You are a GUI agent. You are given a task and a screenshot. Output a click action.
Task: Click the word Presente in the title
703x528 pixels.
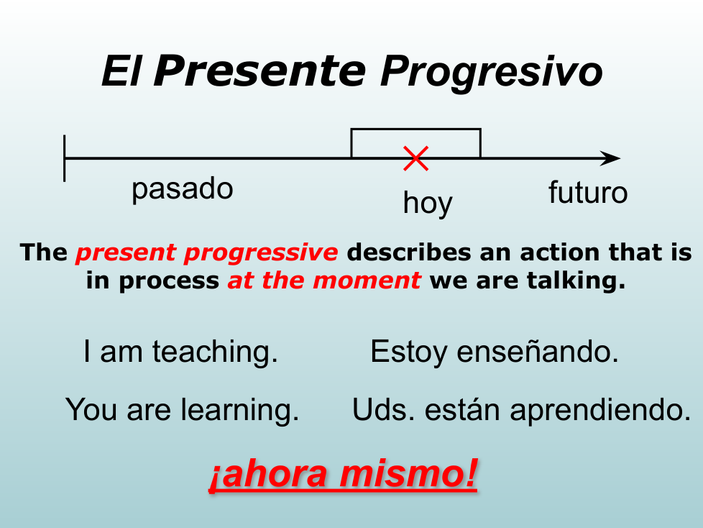coord(259,70)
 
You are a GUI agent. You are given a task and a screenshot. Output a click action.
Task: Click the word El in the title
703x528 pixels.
coord(121,71)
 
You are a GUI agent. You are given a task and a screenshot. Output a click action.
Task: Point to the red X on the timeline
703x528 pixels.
coord(415,158)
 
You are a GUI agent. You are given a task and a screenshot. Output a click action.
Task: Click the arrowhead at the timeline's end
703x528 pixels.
coord(611,158)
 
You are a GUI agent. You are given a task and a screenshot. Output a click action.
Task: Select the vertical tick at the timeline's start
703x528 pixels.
coord(65,158)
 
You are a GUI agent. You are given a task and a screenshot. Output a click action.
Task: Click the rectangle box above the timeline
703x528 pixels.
coord(415,129)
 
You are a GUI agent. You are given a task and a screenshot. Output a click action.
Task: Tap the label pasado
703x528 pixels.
coord(182,189)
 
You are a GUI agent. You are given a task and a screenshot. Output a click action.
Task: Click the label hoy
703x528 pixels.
coord(428,203)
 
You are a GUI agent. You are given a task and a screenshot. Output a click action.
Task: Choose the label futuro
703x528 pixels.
coord(588,192)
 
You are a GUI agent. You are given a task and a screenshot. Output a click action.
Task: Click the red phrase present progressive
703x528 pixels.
coord(207,253)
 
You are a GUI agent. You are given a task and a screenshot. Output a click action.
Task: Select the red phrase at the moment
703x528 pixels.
coord(323,281)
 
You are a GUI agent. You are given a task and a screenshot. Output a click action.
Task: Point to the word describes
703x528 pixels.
coord(409,252)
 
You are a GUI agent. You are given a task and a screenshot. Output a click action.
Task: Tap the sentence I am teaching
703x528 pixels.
coord(180,351)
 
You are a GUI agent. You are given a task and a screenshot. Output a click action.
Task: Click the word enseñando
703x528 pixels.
coord(538,351)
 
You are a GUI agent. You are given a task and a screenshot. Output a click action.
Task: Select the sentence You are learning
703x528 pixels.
coord(182,410)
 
